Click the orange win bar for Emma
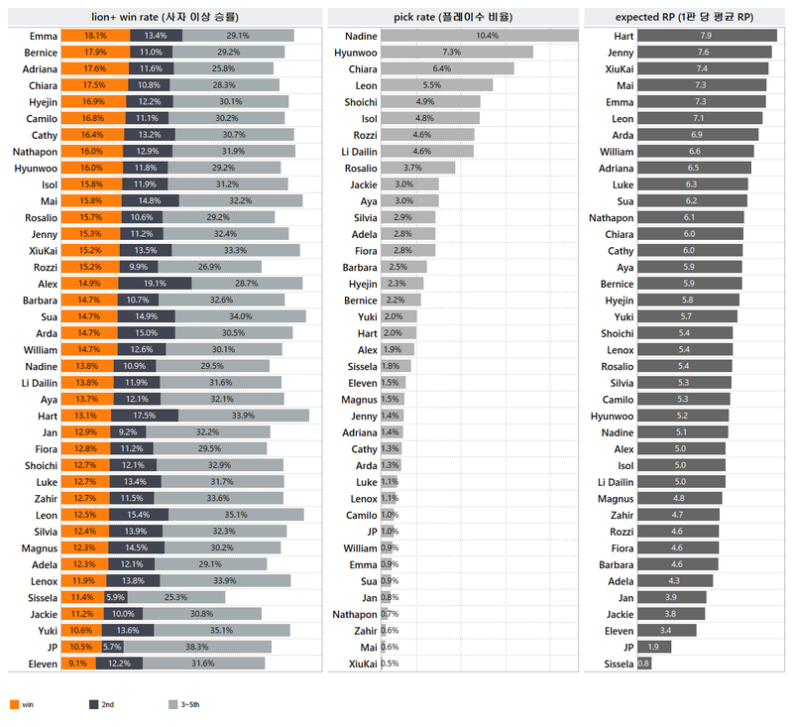pos(94,36)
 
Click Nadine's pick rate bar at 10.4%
pos(479,36)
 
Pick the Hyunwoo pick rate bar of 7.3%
pos(457,52)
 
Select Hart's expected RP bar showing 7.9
pos(706,36)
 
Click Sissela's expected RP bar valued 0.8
pos(644,664)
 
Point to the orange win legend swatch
pos(14,704)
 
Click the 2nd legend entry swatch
pos(93,704)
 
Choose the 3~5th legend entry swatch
pos(173,704)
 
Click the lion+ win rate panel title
pos(165,16)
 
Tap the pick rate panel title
pos(453,16)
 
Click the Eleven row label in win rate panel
pos(44,664)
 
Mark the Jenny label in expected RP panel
pos(621,52)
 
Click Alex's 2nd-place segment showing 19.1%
pos(155,284)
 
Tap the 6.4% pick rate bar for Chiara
pos(447,68)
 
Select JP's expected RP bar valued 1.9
pos(654,647)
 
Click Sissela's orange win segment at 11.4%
pos(82,597)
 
